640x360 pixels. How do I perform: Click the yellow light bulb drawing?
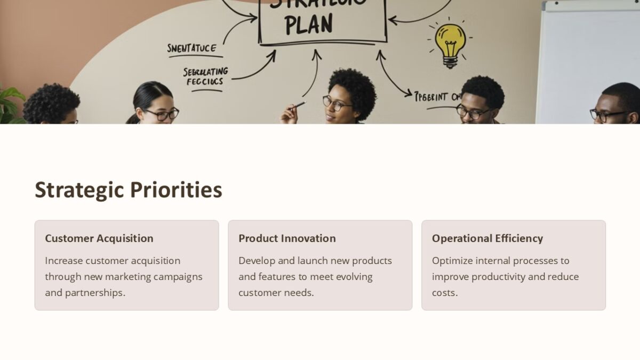coord(450,43)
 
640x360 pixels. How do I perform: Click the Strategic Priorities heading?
coord(128,190)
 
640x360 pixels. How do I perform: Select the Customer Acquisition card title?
coord(99,238)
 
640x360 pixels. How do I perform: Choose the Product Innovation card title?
coord(287,238)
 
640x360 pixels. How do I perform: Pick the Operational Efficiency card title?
coord(487,238)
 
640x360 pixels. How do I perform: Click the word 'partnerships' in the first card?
coord(94,293)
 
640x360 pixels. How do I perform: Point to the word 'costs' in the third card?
coord(444,293)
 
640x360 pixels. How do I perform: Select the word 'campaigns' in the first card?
coord(178,277)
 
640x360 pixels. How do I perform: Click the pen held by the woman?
coord(298,105)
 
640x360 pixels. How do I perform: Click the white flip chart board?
coord(587,64)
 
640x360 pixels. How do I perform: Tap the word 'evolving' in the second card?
coord(354,277)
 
